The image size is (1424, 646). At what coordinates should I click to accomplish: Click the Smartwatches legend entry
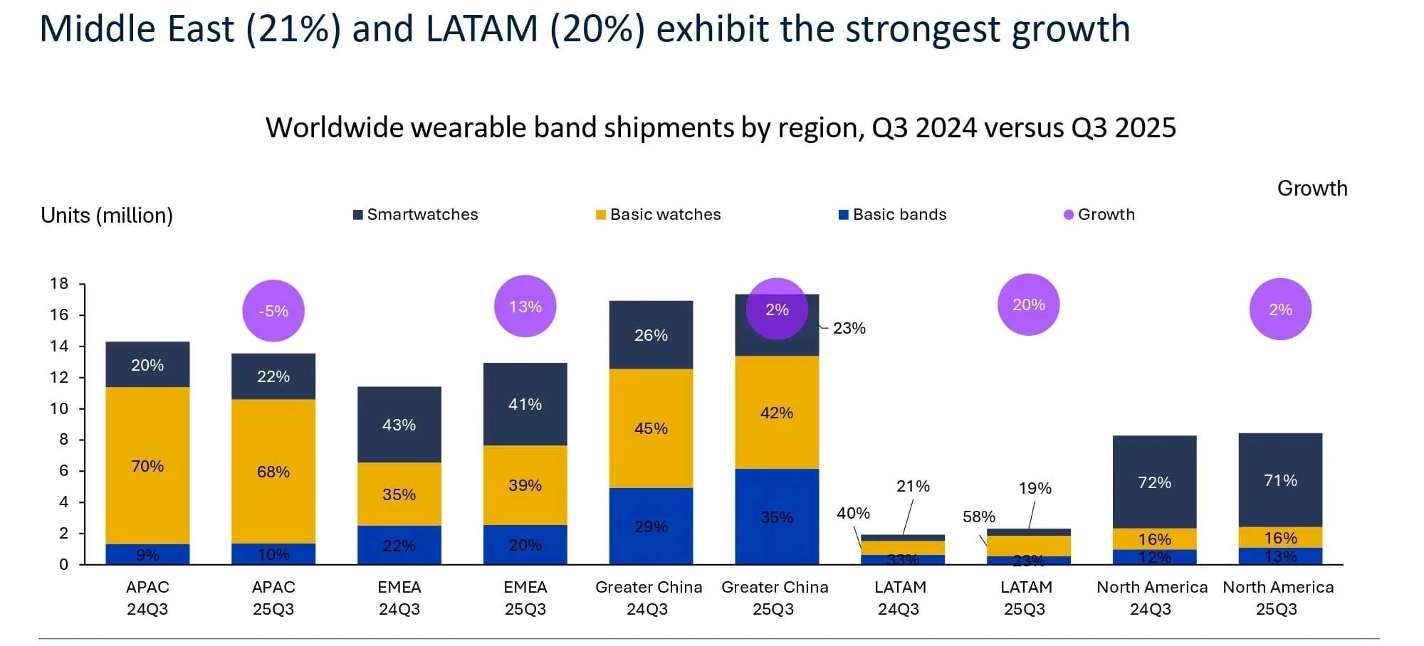(x=416, y=215)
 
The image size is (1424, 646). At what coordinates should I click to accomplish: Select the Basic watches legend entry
(x=659, y=215)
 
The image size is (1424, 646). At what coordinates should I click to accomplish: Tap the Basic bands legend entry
(x=893, y=215)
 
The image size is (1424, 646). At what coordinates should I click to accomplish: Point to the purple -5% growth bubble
(x=273, y=311)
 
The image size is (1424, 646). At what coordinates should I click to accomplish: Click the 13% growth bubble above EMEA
(x=525, y=307)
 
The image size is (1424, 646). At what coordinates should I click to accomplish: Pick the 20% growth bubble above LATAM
(x=1029, y=305)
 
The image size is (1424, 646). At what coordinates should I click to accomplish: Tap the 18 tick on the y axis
(x=59, y=284)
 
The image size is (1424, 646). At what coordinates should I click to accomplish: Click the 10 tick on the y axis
(x=59, y=408)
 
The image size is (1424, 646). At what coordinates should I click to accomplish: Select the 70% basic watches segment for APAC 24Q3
(x=147, y=466)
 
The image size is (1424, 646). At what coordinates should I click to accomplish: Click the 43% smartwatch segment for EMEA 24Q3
(x=399, y=425)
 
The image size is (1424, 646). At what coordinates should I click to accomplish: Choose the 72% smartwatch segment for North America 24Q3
(x=1154, y=482)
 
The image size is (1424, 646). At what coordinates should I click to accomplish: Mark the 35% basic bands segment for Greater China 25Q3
(x=777, y=517)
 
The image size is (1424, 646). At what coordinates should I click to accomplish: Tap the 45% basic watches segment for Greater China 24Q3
(x=651, y=428)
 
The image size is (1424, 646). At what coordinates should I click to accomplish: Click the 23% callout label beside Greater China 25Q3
(x=849, y=328)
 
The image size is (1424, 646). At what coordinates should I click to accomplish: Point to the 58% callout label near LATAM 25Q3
(x=979, y=517)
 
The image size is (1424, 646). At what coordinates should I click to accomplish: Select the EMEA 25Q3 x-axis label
(x=525, y=598)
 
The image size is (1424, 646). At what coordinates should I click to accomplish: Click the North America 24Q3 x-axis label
(x=1152, y=598)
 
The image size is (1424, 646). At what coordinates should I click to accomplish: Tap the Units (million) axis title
(x=107, y=216)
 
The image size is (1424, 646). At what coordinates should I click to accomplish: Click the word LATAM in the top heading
(x=481, y=30)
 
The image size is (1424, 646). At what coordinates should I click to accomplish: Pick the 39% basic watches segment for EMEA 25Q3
(x=525, y=485)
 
